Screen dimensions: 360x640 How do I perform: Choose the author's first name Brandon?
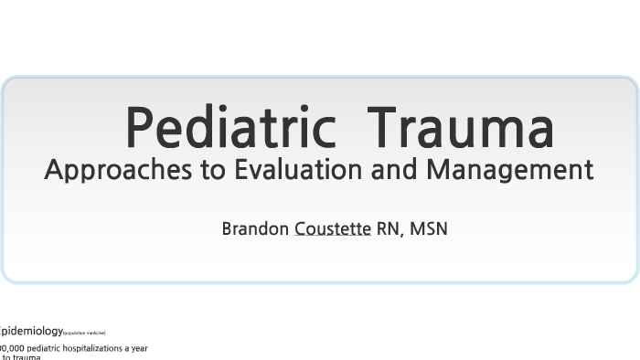(255, 228)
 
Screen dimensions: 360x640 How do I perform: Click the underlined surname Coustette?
(333, 228)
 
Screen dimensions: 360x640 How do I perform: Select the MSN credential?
(428, 228)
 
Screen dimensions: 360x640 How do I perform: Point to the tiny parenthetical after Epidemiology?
(84, 334)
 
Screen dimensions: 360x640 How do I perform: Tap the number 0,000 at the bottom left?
(13, 348)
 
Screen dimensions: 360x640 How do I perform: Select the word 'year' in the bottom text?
(137, 348)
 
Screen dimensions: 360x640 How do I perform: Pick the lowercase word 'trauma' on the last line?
(27, 357)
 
